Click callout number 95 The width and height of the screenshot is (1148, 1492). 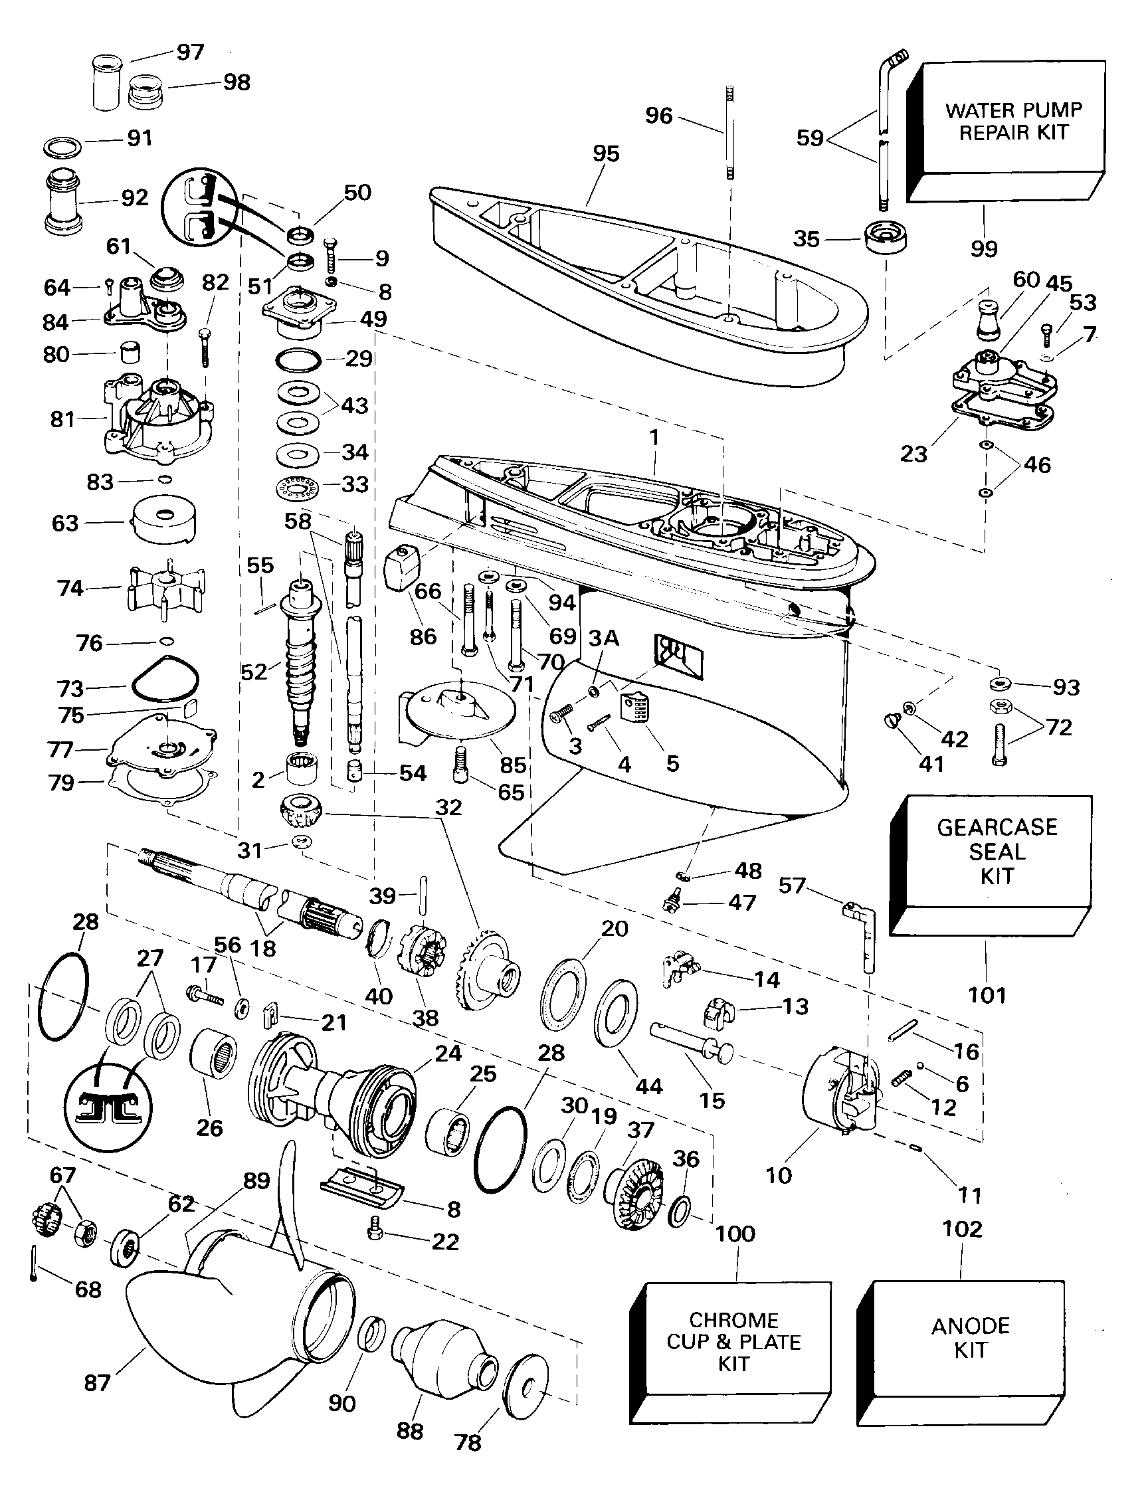[x=605, y=153]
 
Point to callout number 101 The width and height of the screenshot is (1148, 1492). [x=987, y=995]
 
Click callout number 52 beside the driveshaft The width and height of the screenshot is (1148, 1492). [x=254, y=672]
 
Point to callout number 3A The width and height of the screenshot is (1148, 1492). [x=603, y=637]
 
